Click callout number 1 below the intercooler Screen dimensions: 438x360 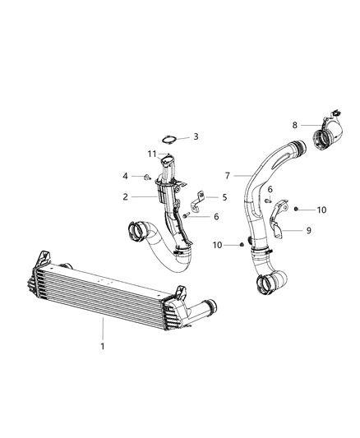102,348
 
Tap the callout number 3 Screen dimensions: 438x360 196,136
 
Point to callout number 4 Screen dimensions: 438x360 126,176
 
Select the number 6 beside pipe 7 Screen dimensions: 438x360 270,190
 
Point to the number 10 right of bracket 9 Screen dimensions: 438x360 321,210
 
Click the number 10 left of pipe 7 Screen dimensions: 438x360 217,245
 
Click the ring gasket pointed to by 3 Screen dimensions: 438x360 169,138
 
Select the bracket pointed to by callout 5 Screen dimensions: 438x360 196,200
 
